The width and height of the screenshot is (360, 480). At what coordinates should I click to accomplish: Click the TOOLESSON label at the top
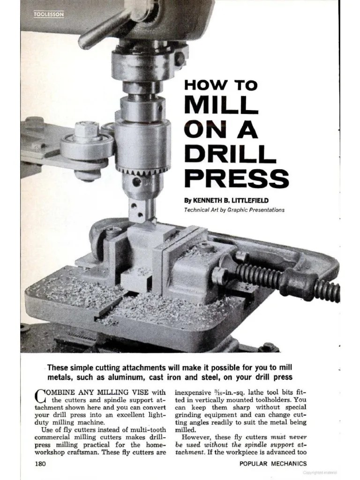pos(48,15)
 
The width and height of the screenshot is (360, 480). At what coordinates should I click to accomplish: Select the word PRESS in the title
pos(236,178)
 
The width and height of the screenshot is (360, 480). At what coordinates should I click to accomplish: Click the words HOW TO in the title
pos(220,86)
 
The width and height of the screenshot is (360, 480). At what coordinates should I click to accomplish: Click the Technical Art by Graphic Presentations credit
pos(234,210)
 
